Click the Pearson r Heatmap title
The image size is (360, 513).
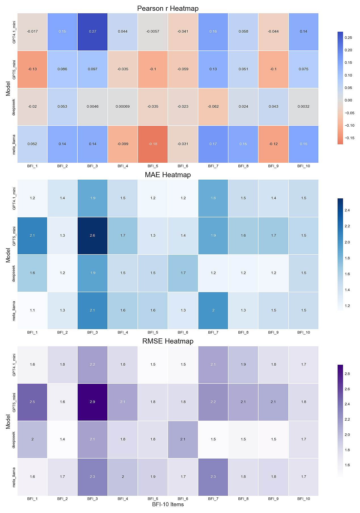[168, 9]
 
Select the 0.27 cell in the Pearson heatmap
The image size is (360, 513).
[92, 31]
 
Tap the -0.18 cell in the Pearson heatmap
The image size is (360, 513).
[153, 144]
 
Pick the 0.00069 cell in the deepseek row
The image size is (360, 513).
[123, 107]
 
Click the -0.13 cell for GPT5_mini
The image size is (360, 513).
[32, 69]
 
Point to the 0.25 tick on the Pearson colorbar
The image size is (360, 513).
[348, 38]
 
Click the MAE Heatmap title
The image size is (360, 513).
[168, 175]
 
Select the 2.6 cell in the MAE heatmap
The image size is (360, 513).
[92, 236]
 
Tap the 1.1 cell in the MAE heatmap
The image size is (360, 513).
[32, 310]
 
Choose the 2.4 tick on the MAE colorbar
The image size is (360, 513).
[347, 210]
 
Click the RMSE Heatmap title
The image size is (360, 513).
[168, 341]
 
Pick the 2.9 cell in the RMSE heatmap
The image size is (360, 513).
[92, 402]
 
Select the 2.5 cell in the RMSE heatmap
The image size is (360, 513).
[32, 402]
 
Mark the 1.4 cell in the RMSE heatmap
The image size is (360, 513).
[62, 439]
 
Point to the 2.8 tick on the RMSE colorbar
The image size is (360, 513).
[347, 374]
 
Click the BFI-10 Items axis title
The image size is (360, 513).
[168, 504]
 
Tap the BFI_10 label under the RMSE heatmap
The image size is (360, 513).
[304, 499]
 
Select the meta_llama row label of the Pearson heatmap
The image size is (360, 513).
[14, 144]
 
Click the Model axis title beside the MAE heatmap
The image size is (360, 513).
[8, 255]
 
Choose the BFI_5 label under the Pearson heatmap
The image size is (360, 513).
[153, 166]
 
